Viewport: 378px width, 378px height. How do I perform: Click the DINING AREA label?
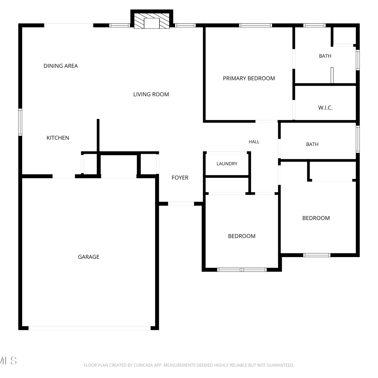pos(61,66)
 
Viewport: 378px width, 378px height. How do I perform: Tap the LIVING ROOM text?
pos(151,94)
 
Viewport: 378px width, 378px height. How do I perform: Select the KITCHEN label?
pos(58,138)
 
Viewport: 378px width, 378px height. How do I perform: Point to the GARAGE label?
pos(89,257)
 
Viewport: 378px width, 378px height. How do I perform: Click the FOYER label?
pos(180,178)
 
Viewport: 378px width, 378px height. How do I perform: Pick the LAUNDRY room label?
pos(227,164)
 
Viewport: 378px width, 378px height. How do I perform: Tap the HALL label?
pos(254,142)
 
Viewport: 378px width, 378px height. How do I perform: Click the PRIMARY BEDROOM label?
pos(249,78)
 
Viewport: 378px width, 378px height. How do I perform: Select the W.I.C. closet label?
pos(325,108)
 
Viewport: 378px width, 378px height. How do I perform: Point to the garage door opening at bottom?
pos(89,328)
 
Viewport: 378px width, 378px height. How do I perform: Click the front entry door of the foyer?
pos(181,204)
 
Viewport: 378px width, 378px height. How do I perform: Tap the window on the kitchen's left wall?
pos(20,122)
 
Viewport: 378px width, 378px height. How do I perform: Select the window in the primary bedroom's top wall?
pos(256,25)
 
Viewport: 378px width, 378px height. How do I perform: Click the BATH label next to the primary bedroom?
pos(325,56)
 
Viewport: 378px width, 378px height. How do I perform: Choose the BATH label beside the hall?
pos(312,144)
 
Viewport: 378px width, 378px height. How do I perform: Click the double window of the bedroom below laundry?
pos(242,270)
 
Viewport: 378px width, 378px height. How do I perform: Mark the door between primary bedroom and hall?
pos(267,121)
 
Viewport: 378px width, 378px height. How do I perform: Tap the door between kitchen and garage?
pos(64,176)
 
